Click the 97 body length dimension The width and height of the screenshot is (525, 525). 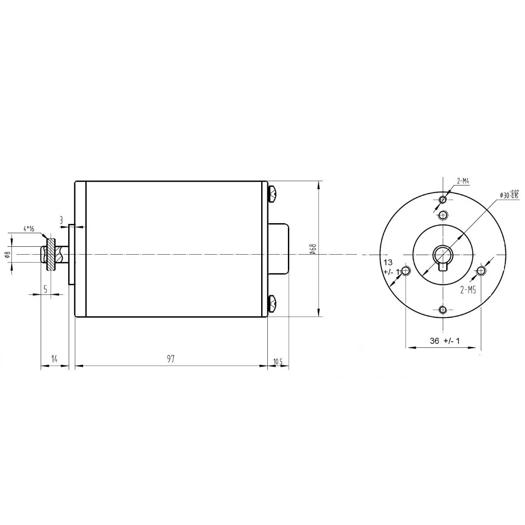click(171, 359)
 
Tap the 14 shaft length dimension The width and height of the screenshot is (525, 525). click(55, 359)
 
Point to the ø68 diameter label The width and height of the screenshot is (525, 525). click(313, 249)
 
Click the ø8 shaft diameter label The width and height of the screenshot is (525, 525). click(7, 255)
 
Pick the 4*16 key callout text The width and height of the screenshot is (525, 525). click(29, 228)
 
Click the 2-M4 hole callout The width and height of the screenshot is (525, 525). click(463, 181)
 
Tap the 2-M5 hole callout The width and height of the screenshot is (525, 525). click(468, 290)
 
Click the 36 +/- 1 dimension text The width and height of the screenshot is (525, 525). click(445, 340)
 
